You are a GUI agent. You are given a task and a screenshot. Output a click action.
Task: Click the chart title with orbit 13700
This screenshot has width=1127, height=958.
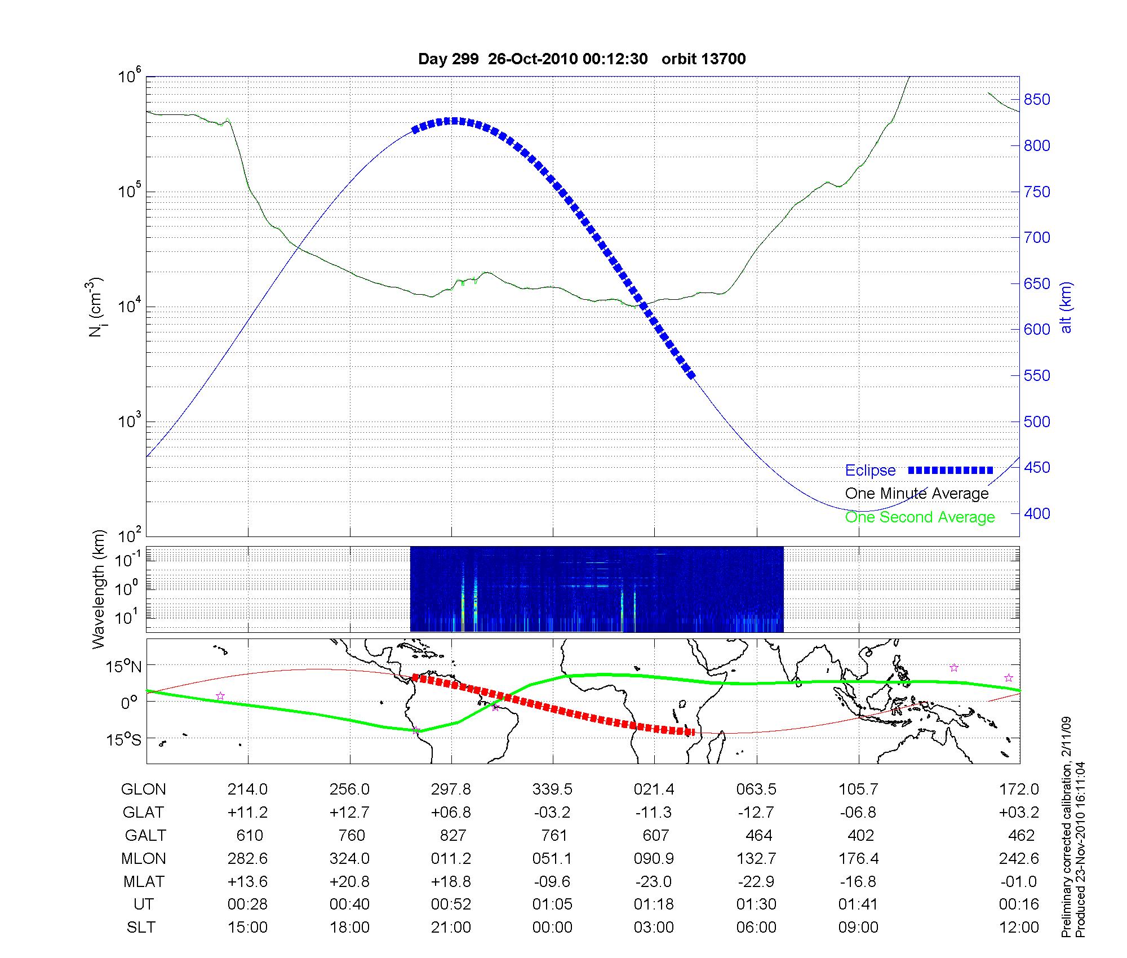click(x=582, y=59)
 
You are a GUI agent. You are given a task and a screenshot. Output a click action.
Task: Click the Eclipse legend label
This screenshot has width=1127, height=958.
click(x=870, y=471)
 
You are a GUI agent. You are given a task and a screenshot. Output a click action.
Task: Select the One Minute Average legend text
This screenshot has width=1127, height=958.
click(x=917, y=494)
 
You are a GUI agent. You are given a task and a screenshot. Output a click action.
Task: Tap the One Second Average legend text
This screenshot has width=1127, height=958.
click(x=920, y=517)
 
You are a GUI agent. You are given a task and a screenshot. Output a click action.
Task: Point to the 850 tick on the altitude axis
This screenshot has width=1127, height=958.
click(x=1037, y=100)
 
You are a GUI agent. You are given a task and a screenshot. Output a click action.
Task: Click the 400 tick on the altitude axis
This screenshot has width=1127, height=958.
click(x=1037, y=514)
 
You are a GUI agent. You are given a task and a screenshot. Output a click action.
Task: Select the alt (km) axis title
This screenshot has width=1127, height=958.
click(x=1066, y=307)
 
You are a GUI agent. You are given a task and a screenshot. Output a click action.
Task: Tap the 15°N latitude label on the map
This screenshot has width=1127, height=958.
click(x=123, y=667)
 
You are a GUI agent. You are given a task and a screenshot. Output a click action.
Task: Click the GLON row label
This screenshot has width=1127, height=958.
click(x=143, y=790)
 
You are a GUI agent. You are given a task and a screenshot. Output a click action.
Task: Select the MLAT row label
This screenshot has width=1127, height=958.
click(x=143, y=881)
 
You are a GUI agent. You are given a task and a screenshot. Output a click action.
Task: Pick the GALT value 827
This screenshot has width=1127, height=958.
click(x=452, y=835)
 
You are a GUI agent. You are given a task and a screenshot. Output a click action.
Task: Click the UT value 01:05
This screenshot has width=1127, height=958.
click(x=552, y=904)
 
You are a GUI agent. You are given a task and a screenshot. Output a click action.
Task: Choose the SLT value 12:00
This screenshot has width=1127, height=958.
click(x=1019, y=928)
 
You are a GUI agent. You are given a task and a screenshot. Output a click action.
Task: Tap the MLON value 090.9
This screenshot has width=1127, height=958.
click(x=654, y=858)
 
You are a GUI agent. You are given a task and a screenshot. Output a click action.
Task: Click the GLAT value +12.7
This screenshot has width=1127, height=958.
click(x=349, y=813)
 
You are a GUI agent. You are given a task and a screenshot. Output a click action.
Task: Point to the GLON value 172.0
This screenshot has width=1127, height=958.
click(x=1019, y=790)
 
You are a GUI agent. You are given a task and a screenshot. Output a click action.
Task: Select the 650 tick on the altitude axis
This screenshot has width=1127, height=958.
click(x=1037, y=284)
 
